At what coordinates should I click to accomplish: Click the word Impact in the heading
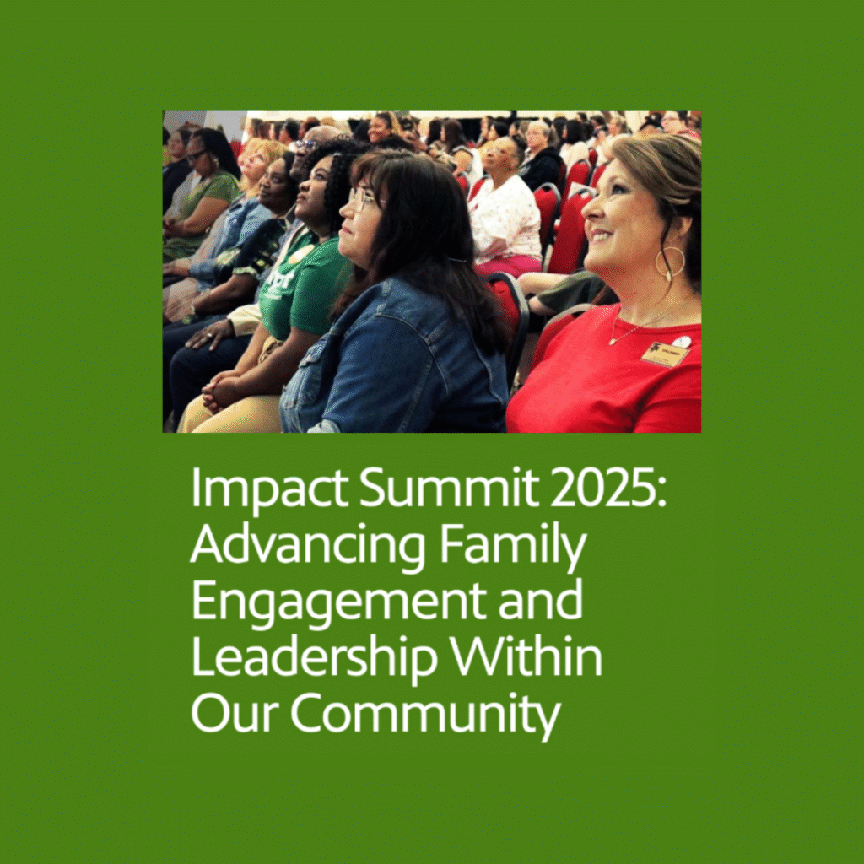269,489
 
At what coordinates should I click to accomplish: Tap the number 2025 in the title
603,488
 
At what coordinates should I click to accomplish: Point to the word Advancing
307,544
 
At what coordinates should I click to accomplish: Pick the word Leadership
314,656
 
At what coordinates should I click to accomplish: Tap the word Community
425,714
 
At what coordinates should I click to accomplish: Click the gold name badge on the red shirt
665,354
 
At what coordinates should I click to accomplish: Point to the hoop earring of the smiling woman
669,263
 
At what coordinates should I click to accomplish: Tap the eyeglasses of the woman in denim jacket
361,198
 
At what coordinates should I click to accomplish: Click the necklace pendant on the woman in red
613,342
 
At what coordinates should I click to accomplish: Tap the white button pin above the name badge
682,342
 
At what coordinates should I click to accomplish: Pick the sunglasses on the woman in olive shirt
196,156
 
